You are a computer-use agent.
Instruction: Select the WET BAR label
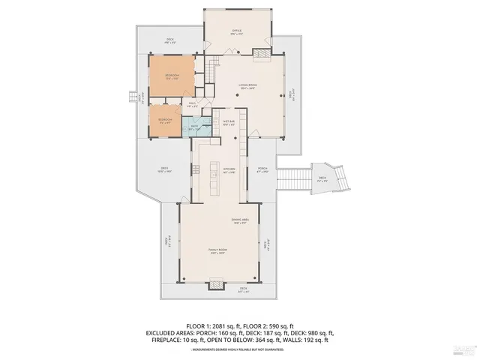[229, 121]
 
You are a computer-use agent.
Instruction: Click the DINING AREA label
[239, 220]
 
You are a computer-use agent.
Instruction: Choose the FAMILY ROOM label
[217, 251]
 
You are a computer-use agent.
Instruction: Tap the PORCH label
[262, 169]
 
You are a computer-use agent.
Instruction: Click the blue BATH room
[195, 128]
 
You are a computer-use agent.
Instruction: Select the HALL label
[192, 104]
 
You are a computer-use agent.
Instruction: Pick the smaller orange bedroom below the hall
[165, 121]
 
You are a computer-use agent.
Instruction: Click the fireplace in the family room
[217, 283]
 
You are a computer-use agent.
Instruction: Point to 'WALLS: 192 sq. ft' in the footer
[309, 338]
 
